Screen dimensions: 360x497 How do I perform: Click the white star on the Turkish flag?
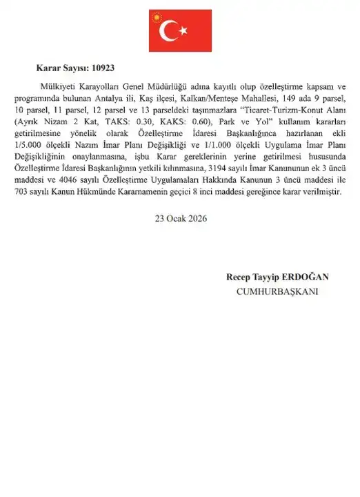tap(184, 30)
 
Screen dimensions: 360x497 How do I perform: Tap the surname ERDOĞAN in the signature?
tap(306, 277)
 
